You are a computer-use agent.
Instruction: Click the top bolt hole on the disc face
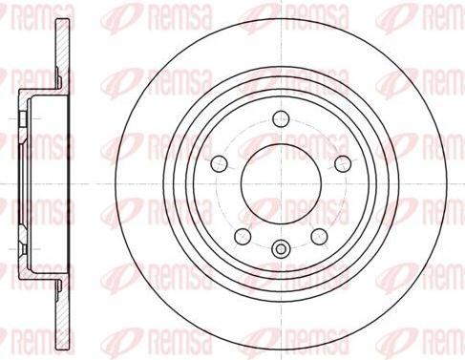(281, 119)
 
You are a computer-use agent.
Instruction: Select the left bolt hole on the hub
(220, 163)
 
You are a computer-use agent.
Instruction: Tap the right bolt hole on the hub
(343, 163)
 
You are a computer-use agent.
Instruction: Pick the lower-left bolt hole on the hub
(243, 237)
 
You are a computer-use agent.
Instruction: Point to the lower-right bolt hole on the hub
(319, 237)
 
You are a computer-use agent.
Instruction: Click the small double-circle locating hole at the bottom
(281, 248)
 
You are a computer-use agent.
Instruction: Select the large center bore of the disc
(281, 183)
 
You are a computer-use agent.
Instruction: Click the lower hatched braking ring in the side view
(63, 314)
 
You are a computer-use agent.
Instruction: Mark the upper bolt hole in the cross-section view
(23, 119)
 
